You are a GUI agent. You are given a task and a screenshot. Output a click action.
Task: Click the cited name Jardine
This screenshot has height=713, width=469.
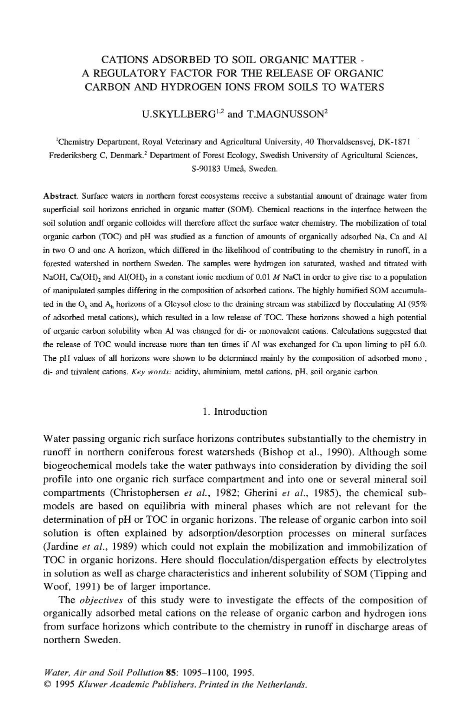pos(61,547)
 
